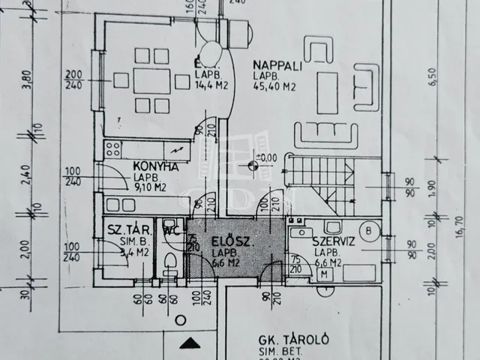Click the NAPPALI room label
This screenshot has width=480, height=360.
point(277,65)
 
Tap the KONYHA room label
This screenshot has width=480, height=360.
point(155,166)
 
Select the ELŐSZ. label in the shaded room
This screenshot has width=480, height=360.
point(224,241)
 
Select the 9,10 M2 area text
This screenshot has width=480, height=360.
point(150,189)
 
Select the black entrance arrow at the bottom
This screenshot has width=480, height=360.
point(190,343)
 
